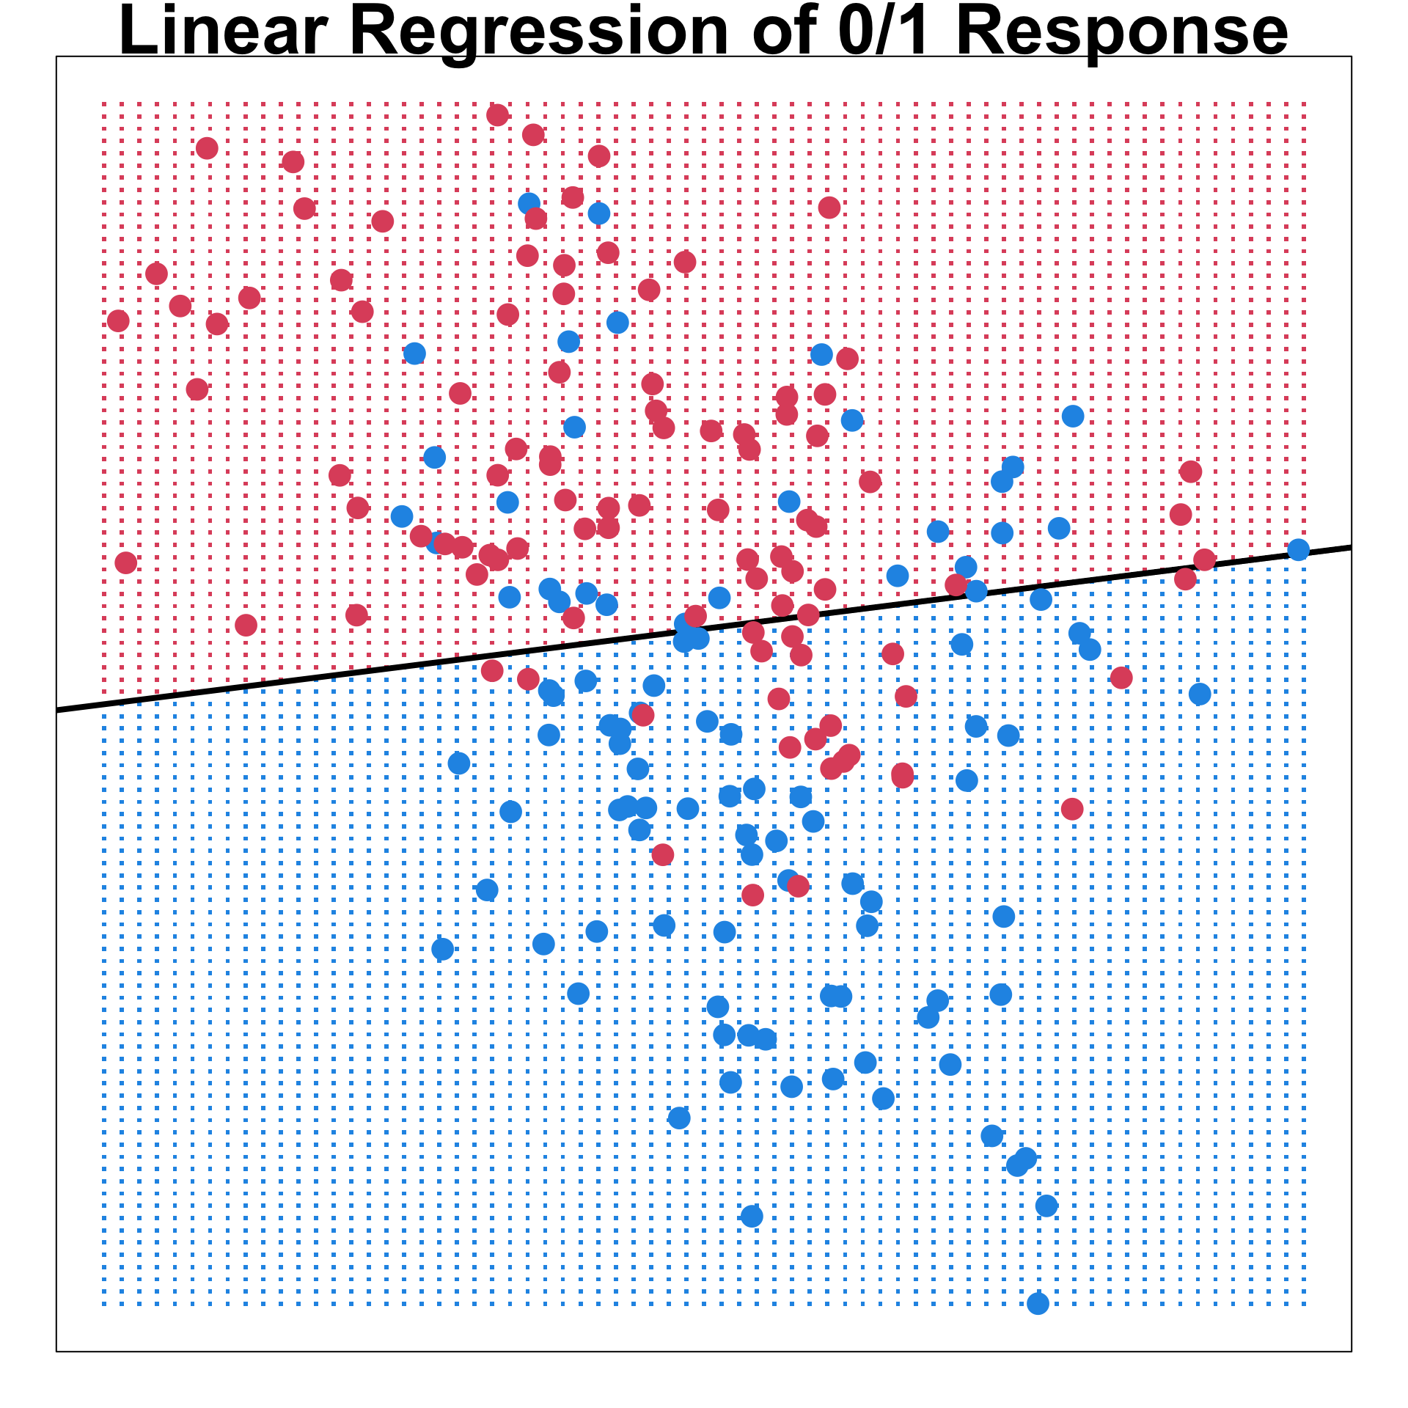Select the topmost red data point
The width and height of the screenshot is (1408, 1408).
pos(497,114)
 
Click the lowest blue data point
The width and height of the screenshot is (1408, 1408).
pos(1038,1303)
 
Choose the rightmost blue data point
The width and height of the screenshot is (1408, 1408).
pos(1298,549)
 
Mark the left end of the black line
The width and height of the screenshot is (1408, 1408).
pos(58,710)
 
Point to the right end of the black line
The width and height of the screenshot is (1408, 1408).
pos(1350,547)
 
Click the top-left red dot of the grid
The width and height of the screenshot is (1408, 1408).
pos(104,104)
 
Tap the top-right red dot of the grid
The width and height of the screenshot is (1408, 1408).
pos(1305,104)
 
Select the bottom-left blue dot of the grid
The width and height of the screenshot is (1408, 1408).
pos(104,1305)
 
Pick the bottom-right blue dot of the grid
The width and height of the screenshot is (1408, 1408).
pos(1305,1305)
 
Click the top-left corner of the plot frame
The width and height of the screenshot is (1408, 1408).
pos(56,56)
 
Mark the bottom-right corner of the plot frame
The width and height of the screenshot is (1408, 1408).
pos(1352,1352)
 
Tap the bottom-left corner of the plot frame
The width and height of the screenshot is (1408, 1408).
pos(56,1352)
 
